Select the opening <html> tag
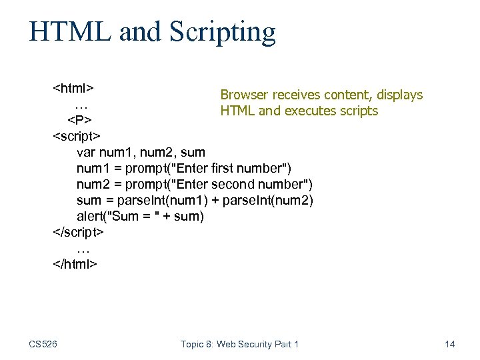[x=73, y=88]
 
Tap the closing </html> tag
[x=75, y=264]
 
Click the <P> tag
[x=80, y=120]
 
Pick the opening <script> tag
[x=77, y=136]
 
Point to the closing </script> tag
[x=79, y=233]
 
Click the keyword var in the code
[x=87, y=153]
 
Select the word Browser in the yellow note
[x=244, y=95]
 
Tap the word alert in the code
[x=90, y=217]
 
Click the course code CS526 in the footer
[x=43, y=344]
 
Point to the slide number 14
[x=449, y=344]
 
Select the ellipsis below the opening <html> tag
[x=82, y=105]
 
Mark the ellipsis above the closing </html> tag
[x=82, y=248]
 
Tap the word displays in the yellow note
[x=400, y=95]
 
